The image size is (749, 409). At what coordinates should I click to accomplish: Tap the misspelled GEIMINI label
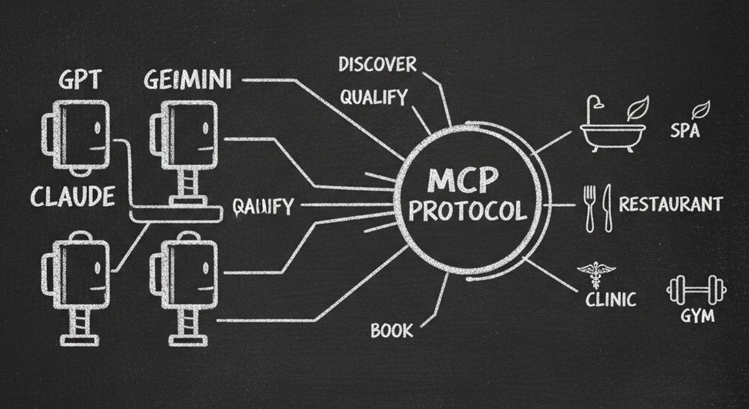tap(188, 79)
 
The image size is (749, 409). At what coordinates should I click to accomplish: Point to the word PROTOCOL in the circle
tap(467, 211)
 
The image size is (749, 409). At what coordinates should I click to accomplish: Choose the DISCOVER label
tap(377, 64)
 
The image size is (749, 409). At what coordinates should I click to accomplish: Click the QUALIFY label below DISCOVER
tap(373, 97)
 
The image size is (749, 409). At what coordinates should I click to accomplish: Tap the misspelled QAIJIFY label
tap(262, 206)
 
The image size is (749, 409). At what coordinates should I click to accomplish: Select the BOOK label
tap(392, 330)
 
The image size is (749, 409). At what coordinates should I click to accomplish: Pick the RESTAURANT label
tap(671, 204)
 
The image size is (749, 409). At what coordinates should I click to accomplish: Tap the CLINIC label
tap(610, 298)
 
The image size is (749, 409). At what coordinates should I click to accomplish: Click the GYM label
tap(697, 316)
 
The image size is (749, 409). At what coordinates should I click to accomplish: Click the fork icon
tap(589, 208)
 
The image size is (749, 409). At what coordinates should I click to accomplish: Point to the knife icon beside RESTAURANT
tap(605, 208)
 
